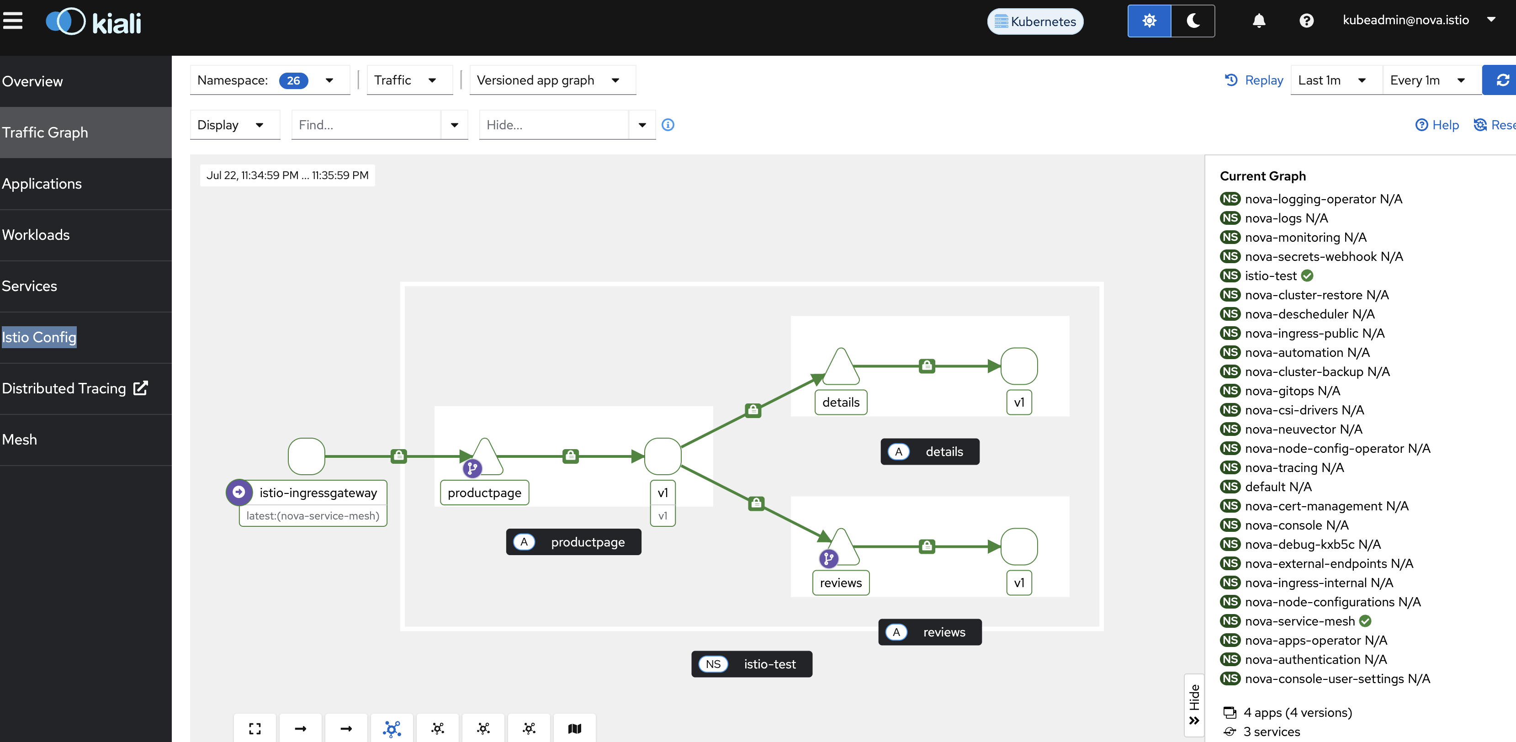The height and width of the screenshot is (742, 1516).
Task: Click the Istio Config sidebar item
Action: [x=39, y=337]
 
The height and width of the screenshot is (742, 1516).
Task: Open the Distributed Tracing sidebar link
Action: [x=75, y=388]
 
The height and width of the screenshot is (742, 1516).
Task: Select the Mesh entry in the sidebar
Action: [x=20, y=440]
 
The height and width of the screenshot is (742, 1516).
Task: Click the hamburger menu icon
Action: [x=12, y=21]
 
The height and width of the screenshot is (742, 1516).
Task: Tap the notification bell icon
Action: [x=1259, y=21]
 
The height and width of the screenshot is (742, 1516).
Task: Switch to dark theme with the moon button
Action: [x=1193, y=21]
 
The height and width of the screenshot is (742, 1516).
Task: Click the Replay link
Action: [x=1254, y=80]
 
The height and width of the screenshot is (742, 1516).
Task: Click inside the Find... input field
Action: [x=366, y=125]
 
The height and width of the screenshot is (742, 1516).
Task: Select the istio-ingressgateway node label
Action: [x=318, y=493]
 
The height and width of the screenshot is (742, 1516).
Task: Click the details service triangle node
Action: [x=841, y=367]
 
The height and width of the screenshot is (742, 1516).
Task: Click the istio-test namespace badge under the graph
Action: [x=752, y=664]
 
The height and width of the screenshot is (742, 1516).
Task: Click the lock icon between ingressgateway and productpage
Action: [x=399, y=456]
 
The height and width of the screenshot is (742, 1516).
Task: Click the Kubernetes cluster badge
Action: [x=1035, y=21]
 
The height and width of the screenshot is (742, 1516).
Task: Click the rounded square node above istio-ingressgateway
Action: [x=307, y=456]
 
